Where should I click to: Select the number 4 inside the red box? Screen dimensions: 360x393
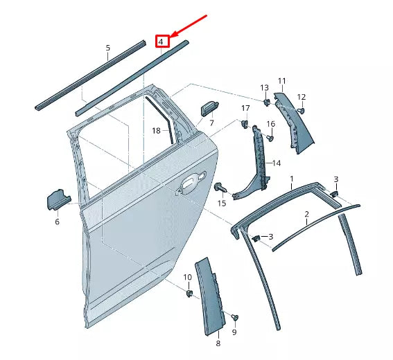tap(161, 42)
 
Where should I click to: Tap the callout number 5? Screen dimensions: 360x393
tap(107, 48)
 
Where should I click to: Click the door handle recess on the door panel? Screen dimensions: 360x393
tap(187, 182)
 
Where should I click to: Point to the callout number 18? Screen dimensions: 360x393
tap(156, 130)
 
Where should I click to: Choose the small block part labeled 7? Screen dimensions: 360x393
tap(207, 108)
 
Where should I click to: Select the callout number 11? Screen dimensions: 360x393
tap(282, 81)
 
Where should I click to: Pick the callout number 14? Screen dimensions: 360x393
tap(277, 163)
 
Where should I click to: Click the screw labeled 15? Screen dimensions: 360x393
tap(220, 188)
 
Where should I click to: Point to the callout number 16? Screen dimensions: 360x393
tap(271, 124)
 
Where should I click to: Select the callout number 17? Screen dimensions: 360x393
tap(245, 108)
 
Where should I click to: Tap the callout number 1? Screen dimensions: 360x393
tap(292, 179)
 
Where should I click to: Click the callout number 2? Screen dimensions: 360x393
tap(306, 215)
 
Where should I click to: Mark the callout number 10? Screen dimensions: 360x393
tap(187, 278)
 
